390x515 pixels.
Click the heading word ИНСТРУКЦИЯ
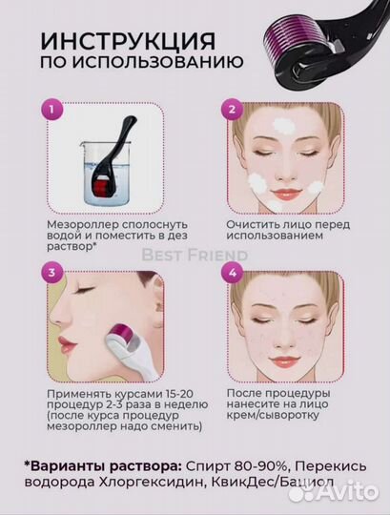point(128,41)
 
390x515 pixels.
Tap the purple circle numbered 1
point(51,109)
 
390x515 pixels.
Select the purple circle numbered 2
point(233,109)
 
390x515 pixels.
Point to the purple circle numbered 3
point(51,272)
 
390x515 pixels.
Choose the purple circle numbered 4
point(233,272)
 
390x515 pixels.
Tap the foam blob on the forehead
point(284,126)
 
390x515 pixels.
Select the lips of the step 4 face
point(283,360)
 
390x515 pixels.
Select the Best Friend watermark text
point(195,256)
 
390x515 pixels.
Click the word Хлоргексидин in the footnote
point(152,482)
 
